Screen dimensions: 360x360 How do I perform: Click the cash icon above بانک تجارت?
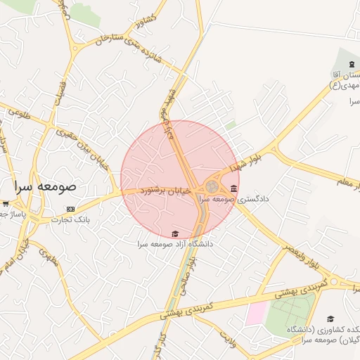(70, 209)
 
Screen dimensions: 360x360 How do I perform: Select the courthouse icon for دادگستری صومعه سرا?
(233, 188)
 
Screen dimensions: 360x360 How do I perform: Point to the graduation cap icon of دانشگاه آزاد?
(174, 234)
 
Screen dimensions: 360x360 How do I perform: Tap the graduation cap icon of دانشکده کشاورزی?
(330, 319)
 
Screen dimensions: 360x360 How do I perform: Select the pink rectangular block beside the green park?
(256, 313)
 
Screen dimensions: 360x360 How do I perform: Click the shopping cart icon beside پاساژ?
(5, 203)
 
